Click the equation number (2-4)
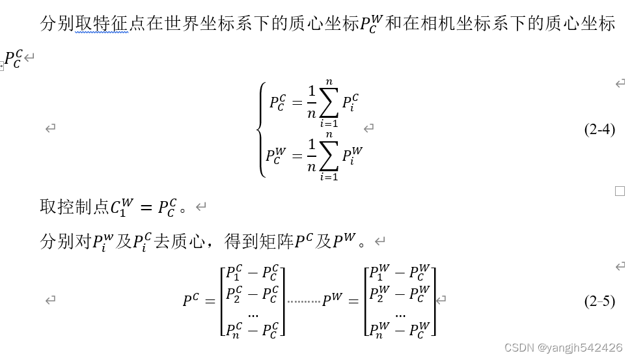(599, 130)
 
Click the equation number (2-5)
(599, 301)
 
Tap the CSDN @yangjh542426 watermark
(563, 348)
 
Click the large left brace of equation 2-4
(262, 129)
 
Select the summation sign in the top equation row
(329, 102)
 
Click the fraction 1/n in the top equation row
(311, 102)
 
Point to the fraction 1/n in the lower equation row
(311, 156)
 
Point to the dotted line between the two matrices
(304, 301)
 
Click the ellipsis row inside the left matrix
(253, 312)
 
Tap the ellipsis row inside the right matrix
(400, 312)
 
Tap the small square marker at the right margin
(620, 191)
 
